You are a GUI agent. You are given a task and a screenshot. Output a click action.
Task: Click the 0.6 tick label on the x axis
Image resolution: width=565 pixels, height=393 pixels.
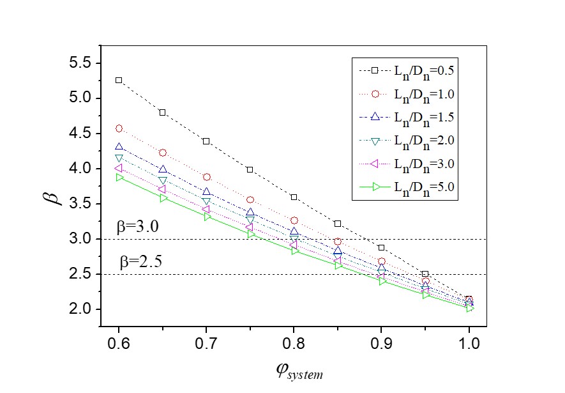[119, 343]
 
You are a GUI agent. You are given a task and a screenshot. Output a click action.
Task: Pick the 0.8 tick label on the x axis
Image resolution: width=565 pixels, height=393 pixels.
[294, 343]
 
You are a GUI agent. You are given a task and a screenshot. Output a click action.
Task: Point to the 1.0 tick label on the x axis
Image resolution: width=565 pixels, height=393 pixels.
[469, 343]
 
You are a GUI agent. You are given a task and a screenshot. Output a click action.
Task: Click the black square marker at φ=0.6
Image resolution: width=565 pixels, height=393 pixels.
[119, 80]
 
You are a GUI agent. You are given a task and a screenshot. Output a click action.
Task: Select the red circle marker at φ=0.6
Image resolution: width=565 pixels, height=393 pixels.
[119, 128]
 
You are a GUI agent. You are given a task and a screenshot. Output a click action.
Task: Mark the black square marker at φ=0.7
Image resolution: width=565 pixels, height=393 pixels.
[206, 141]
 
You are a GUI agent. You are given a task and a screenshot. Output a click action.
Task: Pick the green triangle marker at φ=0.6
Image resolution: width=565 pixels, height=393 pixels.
[119, 177]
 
